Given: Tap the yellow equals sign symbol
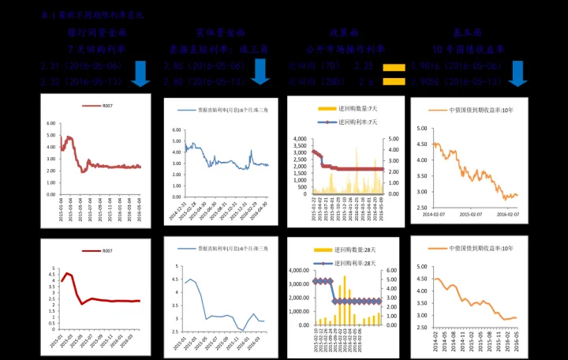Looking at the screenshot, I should pyautogui.click(x=394, y=74).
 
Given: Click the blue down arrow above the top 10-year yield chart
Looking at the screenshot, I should pyautogui.click(x=518, y=73).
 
